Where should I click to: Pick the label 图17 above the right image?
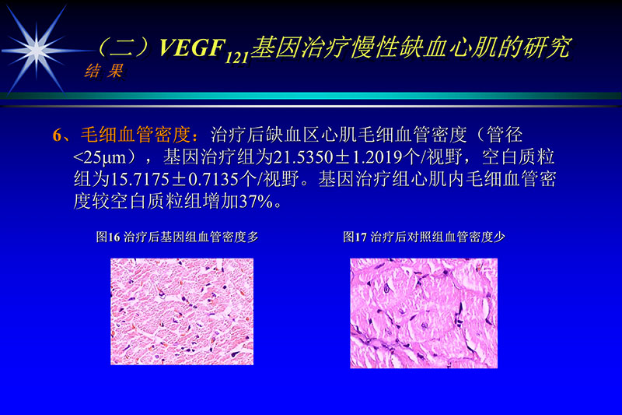coord(355,237)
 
